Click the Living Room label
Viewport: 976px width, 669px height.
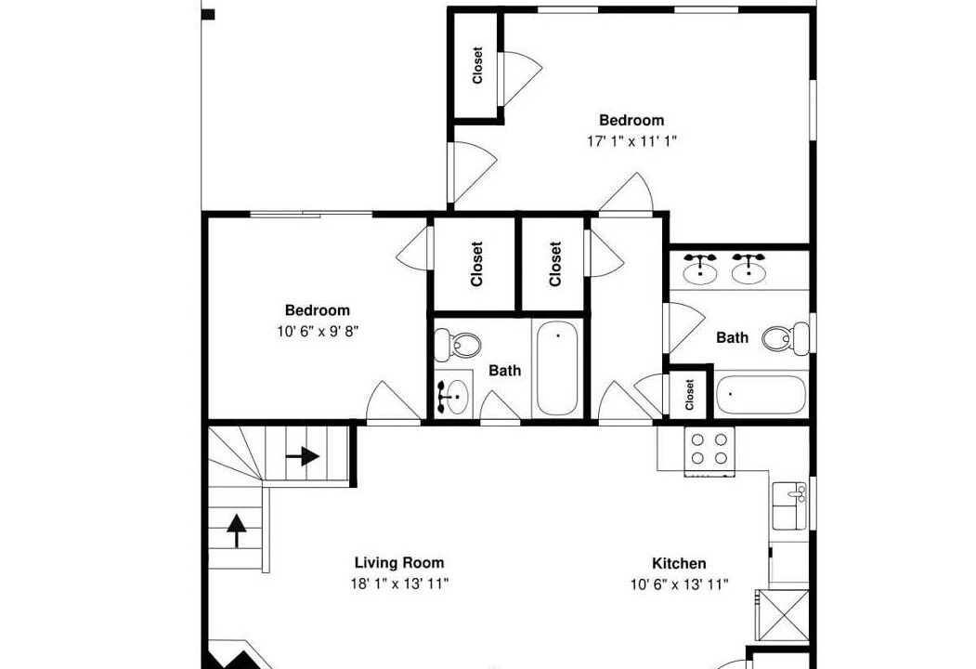pos(399,563)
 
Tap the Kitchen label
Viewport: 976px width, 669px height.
pos(679,564)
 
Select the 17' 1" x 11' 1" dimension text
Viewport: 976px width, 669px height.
pos(631,141)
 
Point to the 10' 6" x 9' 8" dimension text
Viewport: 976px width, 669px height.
pos(319,332)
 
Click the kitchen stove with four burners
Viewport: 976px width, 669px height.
pos(709,450)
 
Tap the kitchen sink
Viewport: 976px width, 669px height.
pos(789,505)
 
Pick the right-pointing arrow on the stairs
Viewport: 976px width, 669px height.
pos(303,456)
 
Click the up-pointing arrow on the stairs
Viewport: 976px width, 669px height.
pos(236,531)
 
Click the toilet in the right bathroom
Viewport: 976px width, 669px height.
pos(786,339)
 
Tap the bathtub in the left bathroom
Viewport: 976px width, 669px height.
pos(557,368)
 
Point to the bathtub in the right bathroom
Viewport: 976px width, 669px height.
pos(761,394)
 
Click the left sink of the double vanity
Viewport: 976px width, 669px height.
pos(700,269)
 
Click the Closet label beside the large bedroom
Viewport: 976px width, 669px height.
pos(477,65)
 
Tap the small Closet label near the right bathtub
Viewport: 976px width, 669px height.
pos(689,395)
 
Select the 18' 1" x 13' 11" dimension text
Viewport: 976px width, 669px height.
pos(399,584)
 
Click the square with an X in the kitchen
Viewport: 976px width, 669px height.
pos(782,615)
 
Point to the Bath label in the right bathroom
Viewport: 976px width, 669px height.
pos(732,337)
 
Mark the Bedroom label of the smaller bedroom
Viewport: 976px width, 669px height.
pos(318,310)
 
